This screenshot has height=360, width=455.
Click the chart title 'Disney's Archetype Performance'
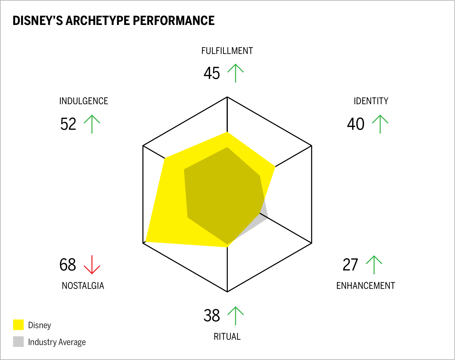click(x=113, y=21)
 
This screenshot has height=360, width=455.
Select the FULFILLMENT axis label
click(x=227, y=51)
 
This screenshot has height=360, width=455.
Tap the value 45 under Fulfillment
click(x=212, y=73)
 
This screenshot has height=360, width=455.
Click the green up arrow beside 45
click(x=236, y=73)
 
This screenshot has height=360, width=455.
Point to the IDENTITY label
click(x=371, y=101)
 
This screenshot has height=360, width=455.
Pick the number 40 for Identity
click(x=356, y=124)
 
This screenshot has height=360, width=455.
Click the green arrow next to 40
click(x=380, y=124)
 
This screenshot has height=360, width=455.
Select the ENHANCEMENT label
click(x=366, y=286)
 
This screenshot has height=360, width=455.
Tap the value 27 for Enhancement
click(x=350, y=265)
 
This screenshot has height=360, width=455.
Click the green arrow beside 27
click(x=374, y=265)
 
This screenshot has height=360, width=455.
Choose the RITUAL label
click(x=227, y=337)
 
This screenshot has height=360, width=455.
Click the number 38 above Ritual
click(x=212, y=315)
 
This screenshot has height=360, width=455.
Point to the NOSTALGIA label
click(x=83, y=286)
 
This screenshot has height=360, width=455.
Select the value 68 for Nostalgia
click(x=68, y=265)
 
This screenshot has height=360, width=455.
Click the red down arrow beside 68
click(x=92, y=265)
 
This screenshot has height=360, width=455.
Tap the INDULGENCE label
click(x=84, y=101)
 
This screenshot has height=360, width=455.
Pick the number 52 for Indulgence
click(x=68, y=124)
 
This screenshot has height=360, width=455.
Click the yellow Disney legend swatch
click(x=18, y=325)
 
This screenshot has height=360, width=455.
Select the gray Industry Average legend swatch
click(x=18, y=342)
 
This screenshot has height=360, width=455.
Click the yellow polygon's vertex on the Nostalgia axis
click(x=146, y=241)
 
